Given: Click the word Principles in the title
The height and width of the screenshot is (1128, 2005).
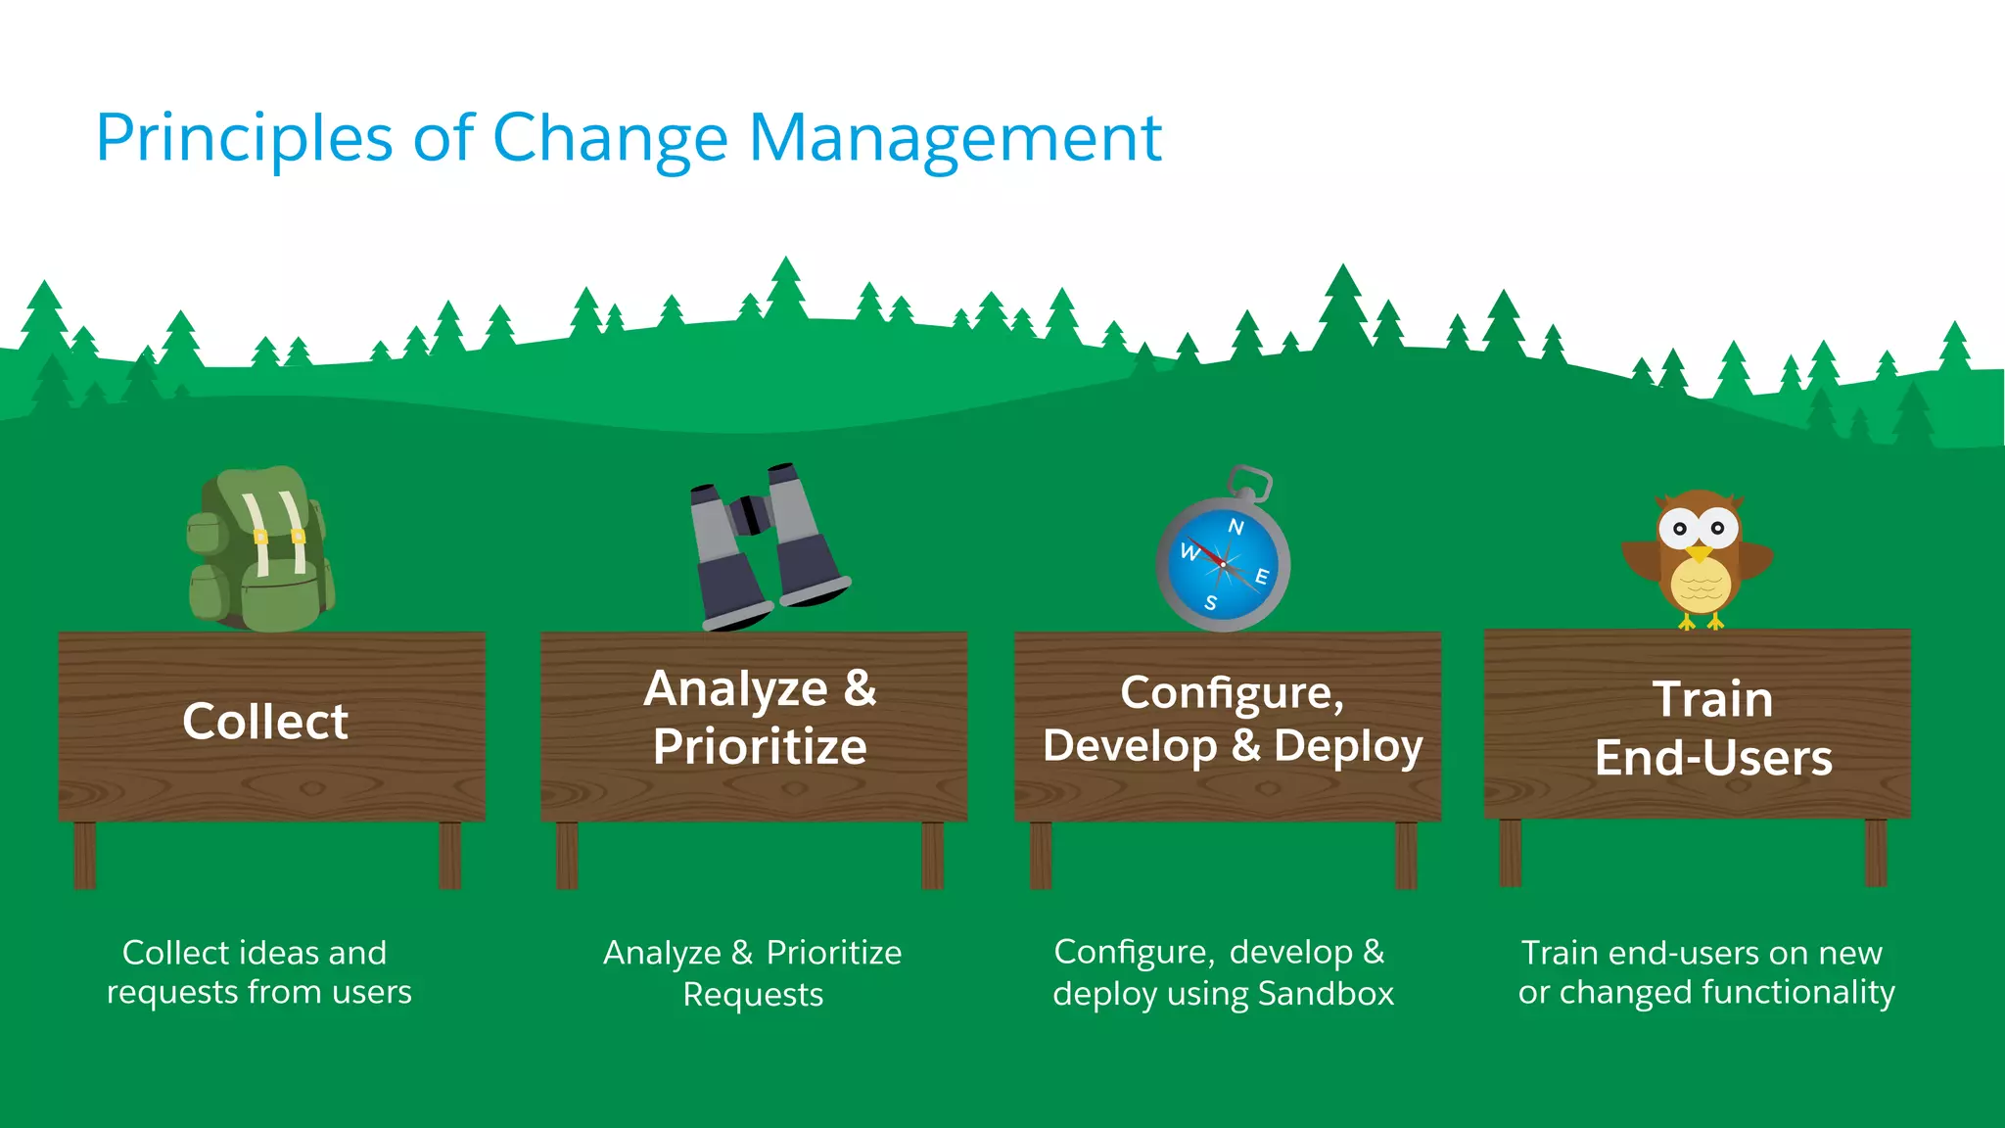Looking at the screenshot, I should [245, 139].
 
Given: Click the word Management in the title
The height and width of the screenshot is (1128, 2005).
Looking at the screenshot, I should [955, 139].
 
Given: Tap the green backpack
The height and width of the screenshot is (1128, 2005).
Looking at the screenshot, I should [261, 553].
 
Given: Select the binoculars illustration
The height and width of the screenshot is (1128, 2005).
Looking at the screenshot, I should [769, 548].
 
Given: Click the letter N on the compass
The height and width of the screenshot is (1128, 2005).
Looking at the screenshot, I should [1236, 527].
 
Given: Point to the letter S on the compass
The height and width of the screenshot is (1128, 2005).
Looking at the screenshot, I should [1211, 603].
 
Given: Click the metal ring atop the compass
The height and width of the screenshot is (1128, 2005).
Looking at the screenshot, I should [1250, 483].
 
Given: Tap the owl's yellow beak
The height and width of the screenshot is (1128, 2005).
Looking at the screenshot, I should [1699, 554].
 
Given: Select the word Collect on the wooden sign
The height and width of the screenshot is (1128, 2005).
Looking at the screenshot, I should [264, 723].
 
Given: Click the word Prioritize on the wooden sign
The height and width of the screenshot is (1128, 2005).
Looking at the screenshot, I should [760, 748].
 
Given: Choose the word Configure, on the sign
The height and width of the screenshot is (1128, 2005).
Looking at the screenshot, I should [1232, 693].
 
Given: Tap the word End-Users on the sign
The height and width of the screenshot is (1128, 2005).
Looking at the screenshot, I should [1713, 759].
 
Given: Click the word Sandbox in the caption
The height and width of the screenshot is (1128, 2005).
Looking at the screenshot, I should [1326, 994].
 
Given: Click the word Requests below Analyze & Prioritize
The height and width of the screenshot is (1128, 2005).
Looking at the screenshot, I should [753, 995].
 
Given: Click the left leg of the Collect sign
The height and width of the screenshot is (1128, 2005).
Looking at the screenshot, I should [85, 855].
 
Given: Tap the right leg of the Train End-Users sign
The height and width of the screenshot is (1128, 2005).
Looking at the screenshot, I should [1876, 852].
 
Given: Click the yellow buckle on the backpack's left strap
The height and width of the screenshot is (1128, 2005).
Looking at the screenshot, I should [260, 537].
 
